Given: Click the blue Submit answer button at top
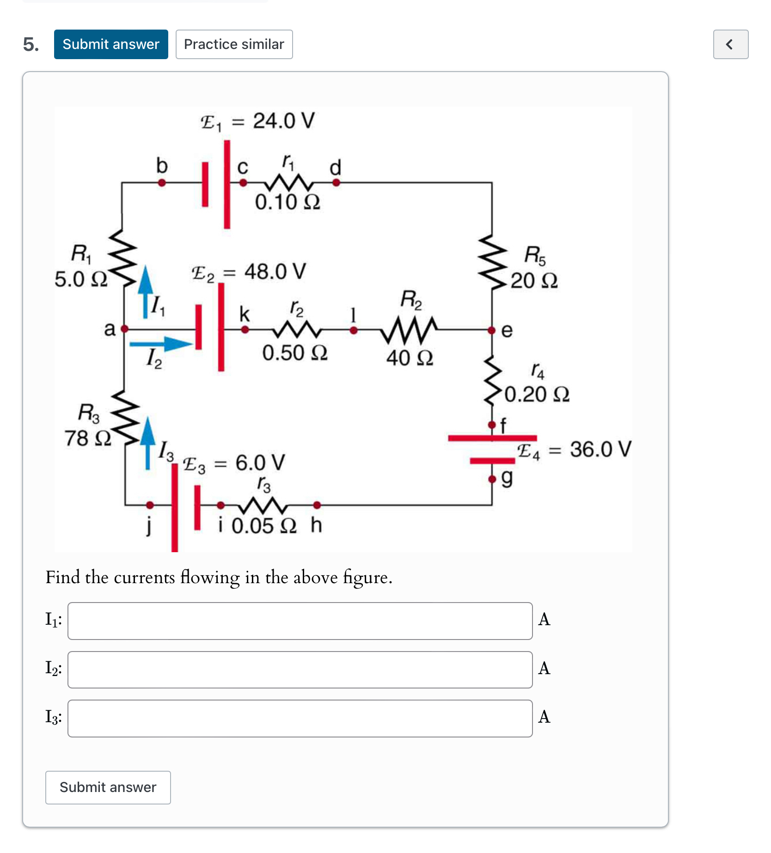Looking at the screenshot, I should tap(111, 44).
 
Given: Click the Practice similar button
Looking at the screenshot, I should tap(234, 44).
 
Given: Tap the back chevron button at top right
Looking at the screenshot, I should tap(730, 44).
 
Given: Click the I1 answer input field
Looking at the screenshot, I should tap(300, 621).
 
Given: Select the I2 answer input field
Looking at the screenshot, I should tap(300, 670).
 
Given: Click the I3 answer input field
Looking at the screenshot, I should tap(300, 718).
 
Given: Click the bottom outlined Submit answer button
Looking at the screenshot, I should tap(108, 787).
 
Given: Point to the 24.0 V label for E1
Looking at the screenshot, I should tap(283, 121).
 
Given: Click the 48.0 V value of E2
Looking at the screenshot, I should tap(275, 272).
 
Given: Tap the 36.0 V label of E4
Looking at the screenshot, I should tap(600, 449).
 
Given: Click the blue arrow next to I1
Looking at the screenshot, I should tap(146, 291).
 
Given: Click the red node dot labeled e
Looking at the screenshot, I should tap(492, 330).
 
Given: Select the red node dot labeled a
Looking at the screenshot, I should tap(124, 329).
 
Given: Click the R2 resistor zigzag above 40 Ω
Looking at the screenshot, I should tap(409, 329).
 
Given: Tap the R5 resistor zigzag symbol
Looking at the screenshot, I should tap(492, 261).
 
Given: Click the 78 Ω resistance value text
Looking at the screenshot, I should tap(88, 438).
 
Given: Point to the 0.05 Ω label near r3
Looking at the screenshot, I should tap(263, 526).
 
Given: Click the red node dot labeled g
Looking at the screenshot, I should tap(492, 479).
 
